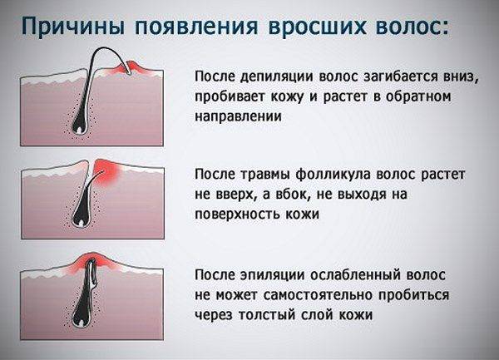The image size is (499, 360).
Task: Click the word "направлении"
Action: [238, 116]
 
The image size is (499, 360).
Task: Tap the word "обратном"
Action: [418, 96]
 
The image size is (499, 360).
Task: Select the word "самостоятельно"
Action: [319, 295]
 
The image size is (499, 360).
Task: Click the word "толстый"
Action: [267, 315]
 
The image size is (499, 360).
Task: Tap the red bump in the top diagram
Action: [129, 68]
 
